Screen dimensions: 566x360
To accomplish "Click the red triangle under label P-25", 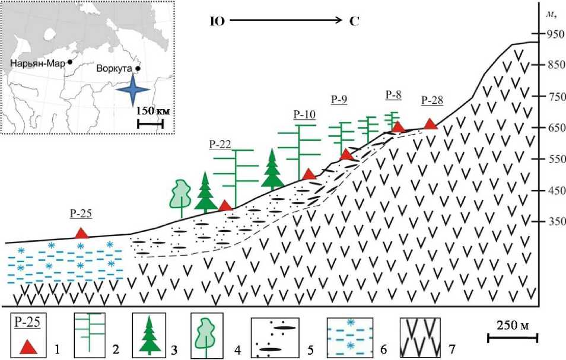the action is click(x=82, y=233).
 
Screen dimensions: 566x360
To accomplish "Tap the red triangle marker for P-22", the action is click(x=225, y=205).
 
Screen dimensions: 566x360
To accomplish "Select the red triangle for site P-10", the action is click(x=309, y=174).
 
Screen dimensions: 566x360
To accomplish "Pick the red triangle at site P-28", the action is click(x=431, y=124).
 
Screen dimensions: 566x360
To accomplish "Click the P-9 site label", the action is click(x=339, y=100).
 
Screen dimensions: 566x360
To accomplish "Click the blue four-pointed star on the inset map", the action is click(x=132, y=89).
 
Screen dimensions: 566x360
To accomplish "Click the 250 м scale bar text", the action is click(x=512, y=326).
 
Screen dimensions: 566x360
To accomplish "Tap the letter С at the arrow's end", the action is click(x=355, y=21).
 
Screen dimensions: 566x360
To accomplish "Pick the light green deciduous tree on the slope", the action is click(x=180, y=193).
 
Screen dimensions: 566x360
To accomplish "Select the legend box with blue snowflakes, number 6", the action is click(x=351, y=336).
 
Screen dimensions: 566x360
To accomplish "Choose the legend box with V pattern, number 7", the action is click(x=419, y=336).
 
